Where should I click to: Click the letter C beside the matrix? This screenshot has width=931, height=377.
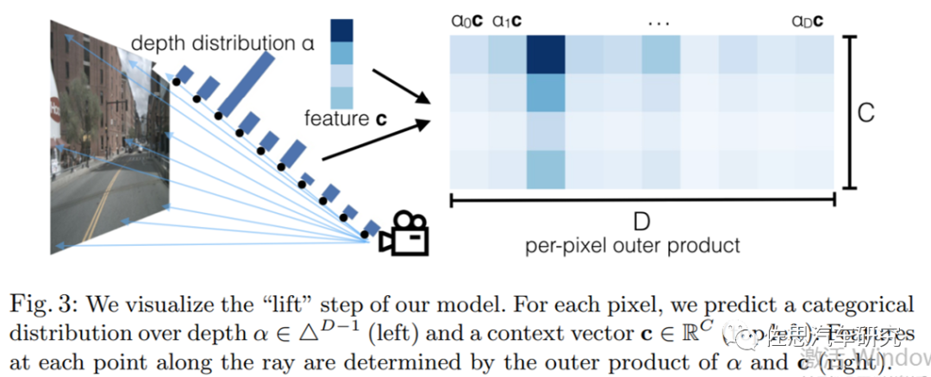(x=867, y=112)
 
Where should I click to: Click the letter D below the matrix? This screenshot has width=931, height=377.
(x=641, y=223)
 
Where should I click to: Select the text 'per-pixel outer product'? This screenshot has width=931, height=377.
(x=633, y=246)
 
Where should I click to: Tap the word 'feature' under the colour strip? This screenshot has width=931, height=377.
(x=334, y=118)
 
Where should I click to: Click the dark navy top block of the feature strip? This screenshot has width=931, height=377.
(x=341, y=30)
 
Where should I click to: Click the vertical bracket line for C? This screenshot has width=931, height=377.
(x=850, y=112)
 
